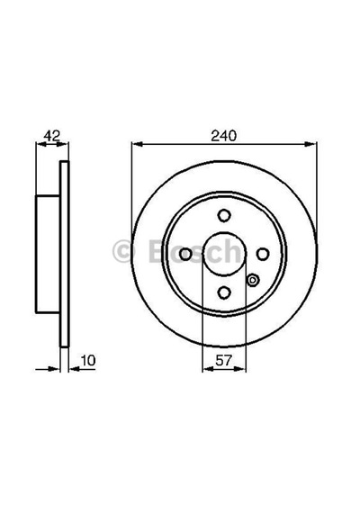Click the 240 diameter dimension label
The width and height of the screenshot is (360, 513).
223,136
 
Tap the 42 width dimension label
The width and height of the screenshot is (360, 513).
52,135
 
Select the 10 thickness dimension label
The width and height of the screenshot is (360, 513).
88,361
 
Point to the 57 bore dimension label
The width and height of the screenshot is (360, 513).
223,361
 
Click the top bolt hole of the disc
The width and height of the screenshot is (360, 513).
224,216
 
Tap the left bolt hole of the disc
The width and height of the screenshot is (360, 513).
185,254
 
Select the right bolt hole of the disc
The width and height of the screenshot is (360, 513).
263,254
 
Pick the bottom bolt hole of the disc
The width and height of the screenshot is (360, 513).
224,292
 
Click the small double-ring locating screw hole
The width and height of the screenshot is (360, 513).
253,280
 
